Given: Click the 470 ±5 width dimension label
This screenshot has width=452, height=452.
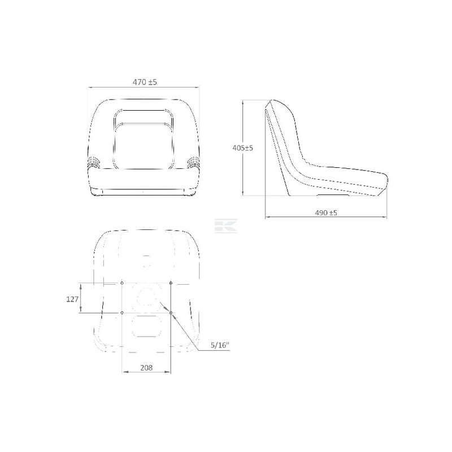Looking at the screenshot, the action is click(145, 82).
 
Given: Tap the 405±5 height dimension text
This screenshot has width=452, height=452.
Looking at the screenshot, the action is click(243, 148).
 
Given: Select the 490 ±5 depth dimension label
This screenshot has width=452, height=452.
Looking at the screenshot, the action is click(326, 213).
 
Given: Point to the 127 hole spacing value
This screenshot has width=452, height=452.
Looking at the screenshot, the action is click(72, 299).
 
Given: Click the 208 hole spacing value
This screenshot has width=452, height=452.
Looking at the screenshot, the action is click(146, 368).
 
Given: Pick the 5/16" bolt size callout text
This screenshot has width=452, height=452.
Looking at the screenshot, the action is click(220, 345).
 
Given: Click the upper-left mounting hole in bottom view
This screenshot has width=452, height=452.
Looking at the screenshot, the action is click(122, 283).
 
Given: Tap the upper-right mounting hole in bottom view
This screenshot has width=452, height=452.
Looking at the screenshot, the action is click(171, 283).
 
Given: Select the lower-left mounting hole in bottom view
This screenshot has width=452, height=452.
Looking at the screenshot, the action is click(122, 313).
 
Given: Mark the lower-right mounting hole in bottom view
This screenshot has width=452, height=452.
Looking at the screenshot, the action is click(171, 313).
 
